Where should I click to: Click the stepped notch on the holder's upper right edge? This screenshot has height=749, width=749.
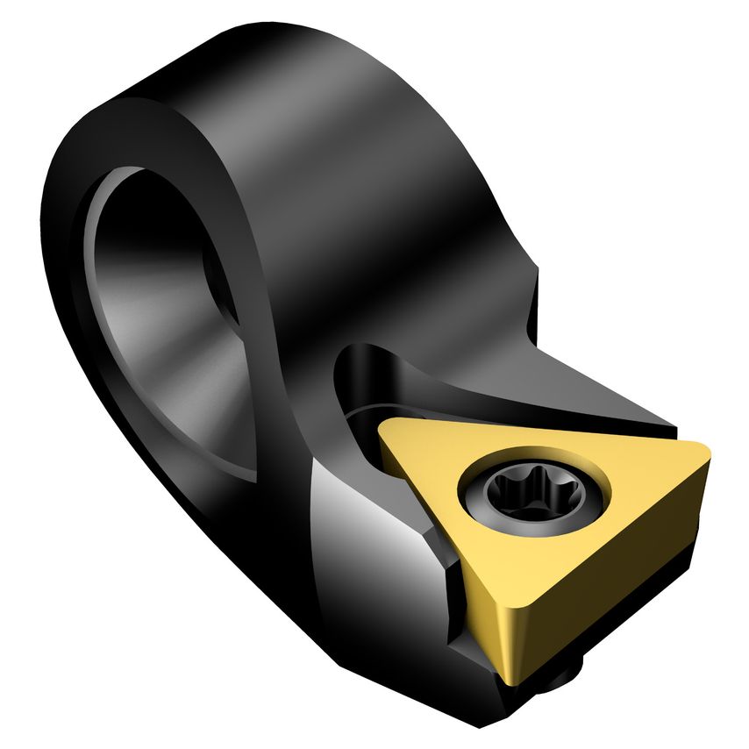point(530,307)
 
